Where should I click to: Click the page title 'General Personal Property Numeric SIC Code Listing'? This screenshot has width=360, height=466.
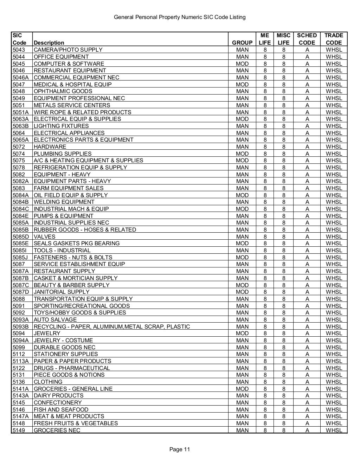click(180, 17)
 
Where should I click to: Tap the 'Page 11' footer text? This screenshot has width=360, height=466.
click(180, 449)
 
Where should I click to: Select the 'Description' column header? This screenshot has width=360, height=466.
click(49, 43)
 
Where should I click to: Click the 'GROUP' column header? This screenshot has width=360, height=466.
click(242, 43)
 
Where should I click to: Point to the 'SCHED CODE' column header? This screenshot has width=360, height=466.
click(307, 39)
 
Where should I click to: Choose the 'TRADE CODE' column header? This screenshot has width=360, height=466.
click(334, 39)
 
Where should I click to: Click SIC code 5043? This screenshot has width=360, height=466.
click(19, 50)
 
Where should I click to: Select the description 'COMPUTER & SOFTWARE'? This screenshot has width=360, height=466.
click(69, 64)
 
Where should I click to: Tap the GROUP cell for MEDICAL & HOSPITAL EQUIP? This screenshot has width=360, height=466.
click(242, 84)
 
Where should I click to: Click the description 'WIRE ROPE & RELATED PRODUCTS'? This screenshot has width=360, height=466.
click(82, 112)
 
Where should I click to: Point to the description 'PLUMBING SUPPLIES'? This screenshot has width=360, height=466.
click(63, 154)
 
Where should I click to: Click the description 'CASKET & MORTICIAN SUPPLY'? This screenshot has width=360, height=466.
click(76, 278)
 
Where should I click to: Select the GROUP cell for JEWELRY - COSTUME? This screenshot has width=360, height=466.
click(242, 340)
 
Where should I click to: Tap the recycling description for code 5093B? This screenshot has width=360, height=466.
click(112, 326)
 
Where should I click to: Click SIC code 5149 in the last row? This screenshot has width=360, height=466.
click(19, 430)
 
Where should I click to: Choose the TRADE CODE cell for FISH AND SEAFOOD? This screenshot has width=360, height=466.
click(334, 409)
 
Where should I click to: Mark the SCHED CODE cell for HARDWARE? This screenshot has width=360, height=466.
click(307, 147)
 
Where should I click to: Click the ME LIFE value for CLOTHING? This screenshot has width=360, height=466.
click(265, 382)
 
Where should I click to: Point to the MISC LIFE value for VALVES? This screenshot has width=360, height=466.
click(284, 237)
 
